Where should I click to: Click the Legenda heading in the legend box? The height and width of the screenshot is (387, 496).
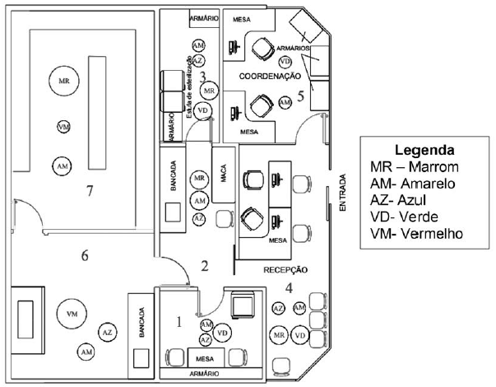425,151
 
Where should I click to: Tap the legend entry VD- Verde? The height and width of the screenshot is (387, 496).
408,217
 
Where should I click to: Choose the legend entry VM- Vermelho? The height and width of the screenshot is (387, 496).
419,233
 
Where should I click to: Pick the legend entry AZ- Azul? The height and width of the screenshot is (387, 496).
406,200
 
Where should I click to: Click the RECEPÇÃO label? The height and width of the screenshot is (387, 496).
285,269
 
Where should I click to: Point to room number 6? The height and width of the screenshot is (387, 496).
84,254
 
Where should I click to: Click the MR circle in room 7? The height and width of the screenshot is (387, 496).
64,81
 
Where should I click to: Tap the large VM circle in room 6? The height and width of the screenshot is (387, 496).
72,315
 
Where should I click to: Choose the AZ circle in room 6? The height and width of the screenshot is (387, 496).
106,331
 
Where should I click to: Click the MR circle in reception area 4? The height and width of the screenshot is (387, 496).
279,336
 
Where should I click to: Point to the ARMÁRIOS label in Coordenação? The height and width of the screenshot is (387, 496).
293,49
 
